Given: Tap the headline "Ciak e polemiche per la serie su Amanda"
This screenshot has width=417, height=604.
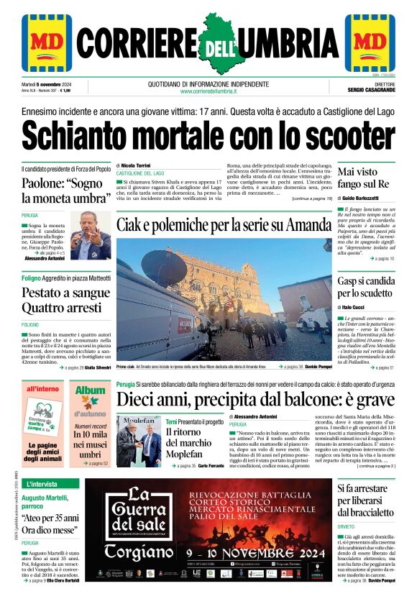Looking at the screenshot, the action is click(x=223, y=225).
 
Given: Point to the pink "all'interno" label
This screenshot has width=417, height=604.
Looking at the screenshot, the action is click(x=42, y=389).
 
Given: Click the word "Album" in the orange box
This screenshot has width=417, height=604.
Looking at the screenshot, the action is click(x=91, y=390).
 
